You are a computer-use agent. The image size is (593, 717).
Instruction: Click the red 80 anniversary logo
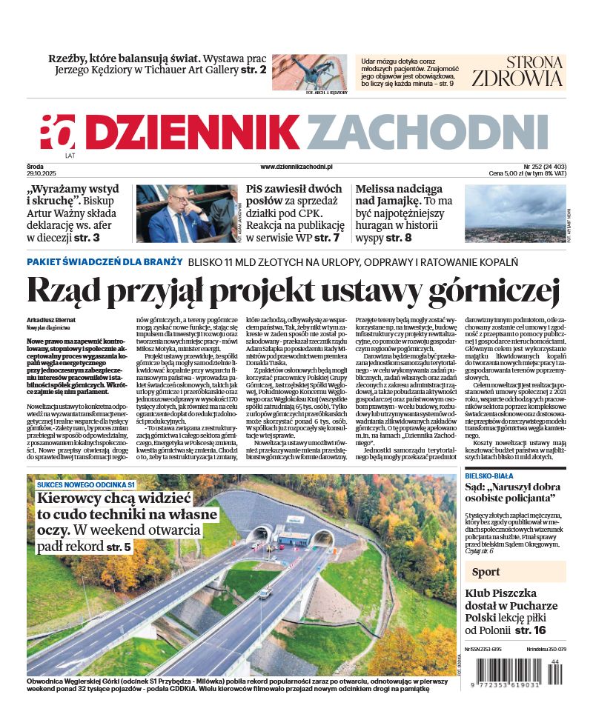pyautogui.click(x=58, y=133)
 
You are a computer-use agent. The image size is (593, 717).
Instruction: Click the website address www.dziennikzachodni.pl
pyautogui.click(x=296, y=167)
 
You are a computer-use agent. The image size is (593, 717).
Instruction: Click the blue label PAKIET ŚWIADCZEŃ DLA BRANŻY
pyautogui.click(x=105, y=261)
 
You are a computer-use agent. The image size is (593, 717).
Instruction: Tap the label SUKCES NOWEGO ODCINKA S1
pyautogui.click(x=85, y=484)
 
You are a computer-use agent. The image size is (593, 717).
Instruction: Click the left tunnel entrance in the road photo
pyautogui.click(x=260, y=534)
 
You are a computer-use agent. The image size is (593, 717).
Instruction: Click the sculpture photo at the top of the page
pyautogui.click(x=309, y=71)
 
